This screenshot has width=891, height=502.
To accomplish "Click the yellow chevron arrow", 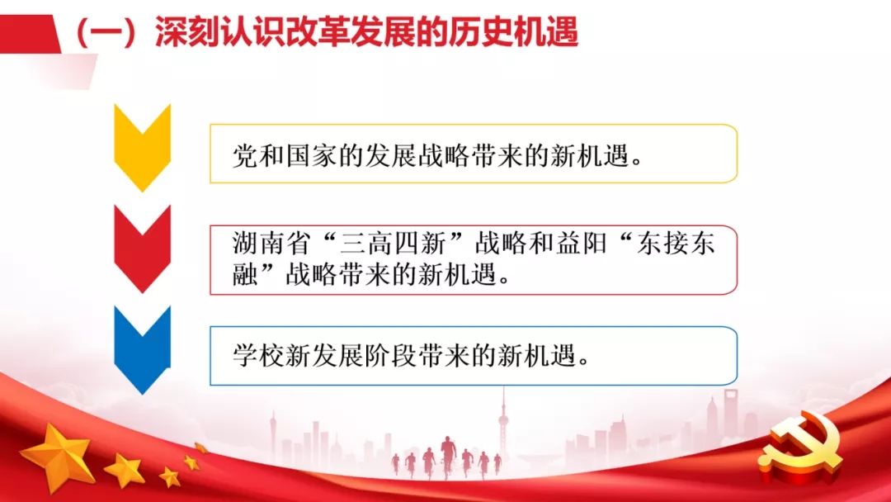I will pyautogui.click(x=142, y=148).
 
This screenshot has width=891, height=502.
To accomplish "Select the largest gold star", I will pyautogui.click(x=58, y=456).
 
